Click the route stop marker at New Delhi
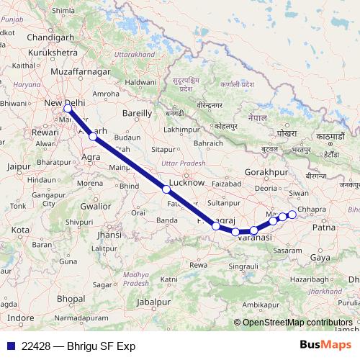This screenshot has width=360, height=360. pyautogui.click(x=67, y=109)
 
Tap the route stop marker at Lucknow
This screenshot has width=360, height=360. pyautogui.click(x=166, y=189)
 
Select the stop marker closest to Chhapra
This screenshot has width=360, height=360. pyautogui.click(x=292, y=215)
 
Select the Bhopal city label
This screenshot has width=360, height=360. pyautogui.click(x=71, y=297)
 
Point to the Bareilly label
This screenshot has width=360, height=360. pyautogui.click(x=138, y=113)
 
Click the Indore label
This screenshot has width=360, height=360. pyautogui.click(x=21, y=318)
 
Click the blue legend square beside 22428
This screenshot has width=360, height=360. pyautogui.click(x=9, y=345)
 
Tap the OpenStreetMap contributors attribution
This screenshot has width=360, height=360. pyautogui.click(x=297, y=322)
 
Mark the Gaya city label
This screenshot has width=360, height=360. pyautogui.click(x=319, y=256)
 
